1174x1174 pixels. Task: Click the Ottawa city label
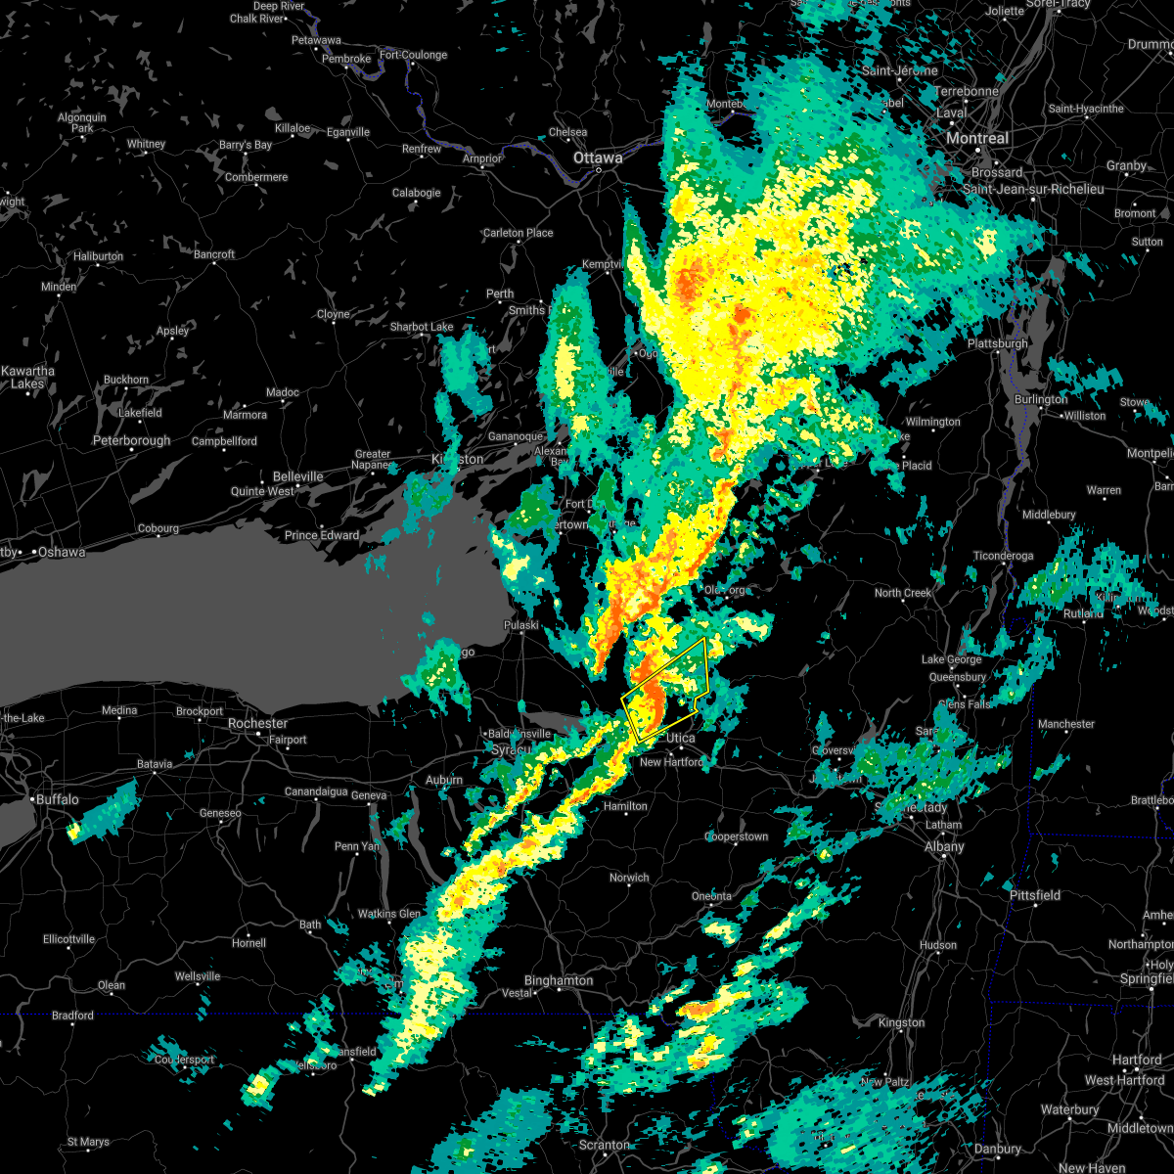598,158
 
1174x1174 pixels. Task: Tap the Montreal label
976,139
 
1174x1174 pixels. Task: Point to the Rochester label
257,723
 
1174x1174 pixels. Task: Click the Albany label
944,846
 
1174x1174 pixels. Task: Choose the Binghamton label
559,980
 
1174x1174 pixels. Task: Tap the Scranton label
604,1145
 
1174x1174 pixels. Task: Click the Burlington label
1041,399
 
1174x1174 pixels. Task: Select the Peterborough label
132,441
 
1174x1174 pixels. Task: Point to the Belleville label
297,476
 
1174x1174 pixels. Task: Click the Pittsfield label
1035,895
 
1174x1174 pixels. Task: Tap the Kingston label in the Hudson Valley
901,1022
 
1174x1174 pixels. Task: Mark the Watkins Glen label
390,914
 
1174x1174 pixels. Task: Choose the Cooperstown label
737,836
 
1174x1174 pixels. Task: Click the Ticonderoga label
1003,556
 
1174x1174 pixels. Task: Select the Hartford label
1137,1061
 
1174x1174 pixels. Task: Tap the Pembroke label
346,59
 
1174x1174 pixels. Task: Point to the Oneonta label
711,896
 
